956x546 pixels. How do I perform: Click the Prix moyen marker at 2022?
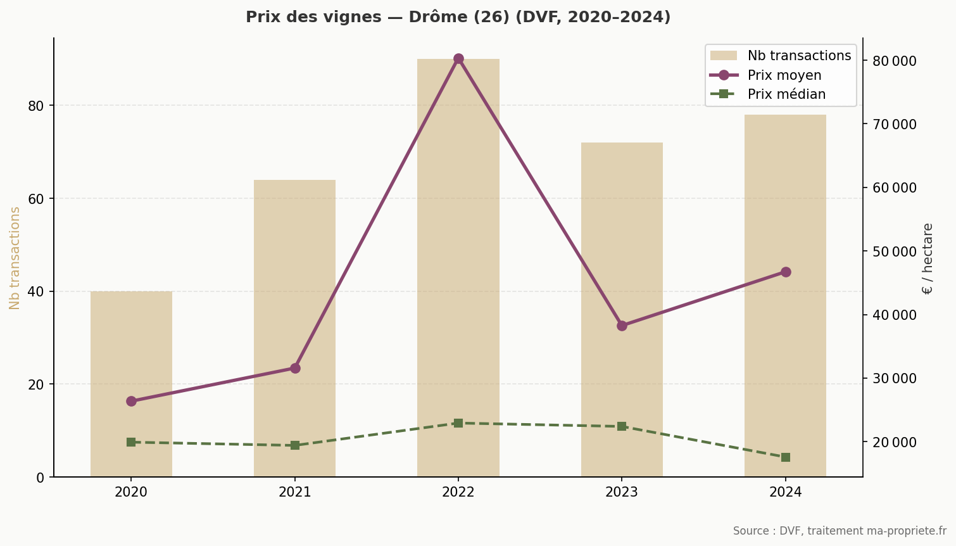coord(458,59)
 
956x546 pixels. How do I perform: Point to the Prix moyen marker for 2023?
coord(622,326)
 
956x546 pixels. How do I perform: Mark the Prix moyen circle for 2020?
coord(131,401)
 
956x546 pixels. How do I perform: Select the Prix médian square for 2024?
coord(785,457)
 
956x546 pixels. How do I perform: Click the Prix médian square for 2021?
coord(294,445)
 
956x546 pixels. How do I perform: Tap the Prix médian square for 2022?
coord(458,423)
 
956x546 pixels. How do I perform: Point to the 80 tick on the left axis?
coord(36,106)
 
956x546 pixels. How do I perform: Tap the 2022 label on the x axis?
coord(458,492)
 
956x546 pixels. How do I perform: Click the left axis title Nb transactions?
coord(15,258)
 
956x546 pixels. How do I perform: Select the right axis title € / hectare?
coord(928,258)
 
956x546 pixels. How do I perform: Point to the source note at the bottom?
coord(839,531)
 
